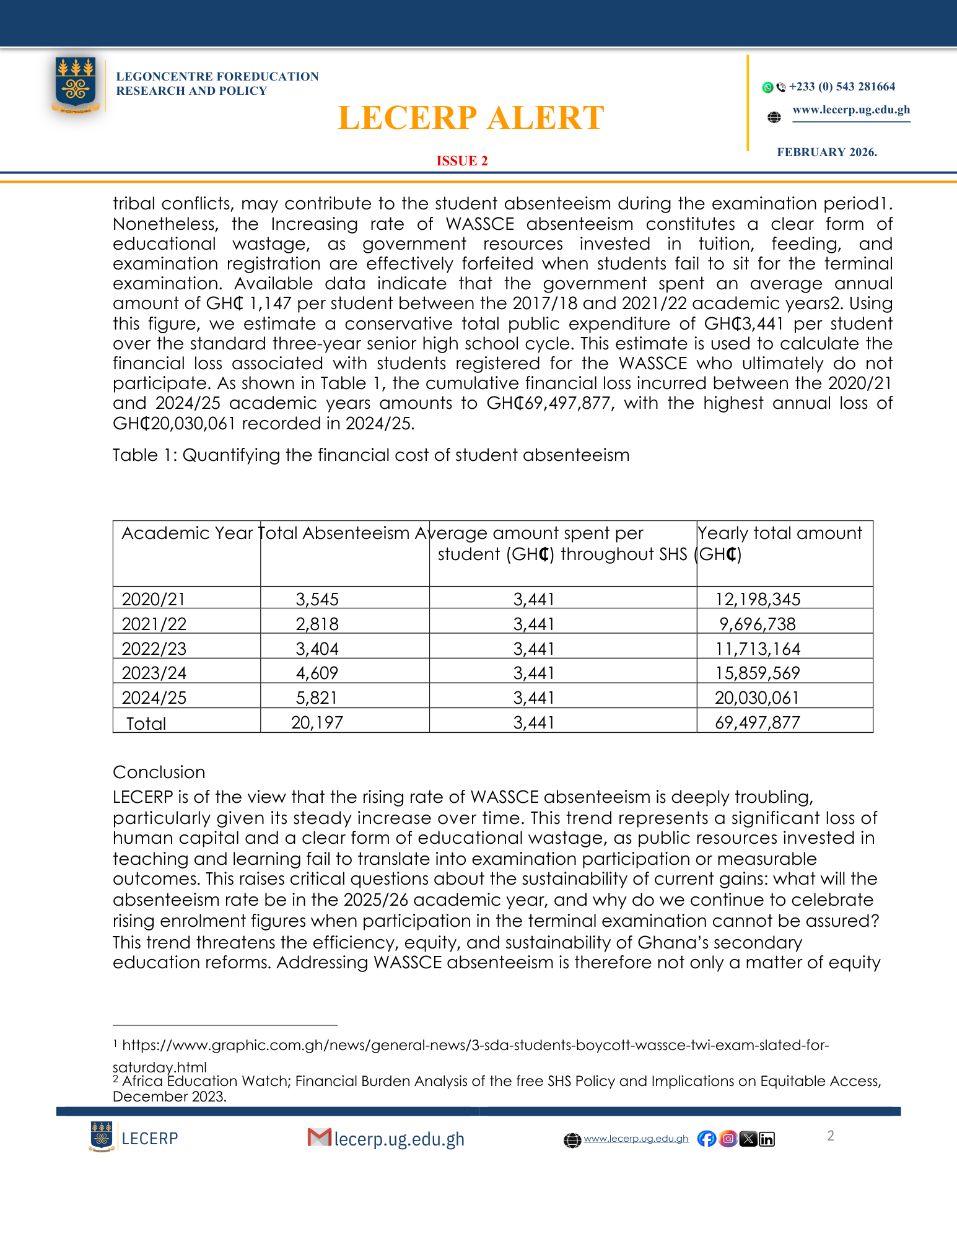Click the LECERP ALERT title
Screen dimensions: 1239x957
coord(471,118)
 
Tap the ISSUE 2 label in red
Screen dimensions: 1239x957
coord(462,161)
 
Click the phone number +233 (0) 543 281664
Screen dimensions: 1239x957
coord(842,87)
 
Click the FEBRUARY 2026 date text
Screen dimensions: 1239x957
coord(827,152)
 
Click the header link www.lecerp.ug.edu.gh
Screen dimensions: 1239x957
coord(851,110)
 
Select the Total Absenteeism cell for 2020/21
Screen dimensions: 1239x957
coord(317,599)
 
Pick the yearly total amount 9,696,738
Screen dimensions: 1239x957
coord(757,624)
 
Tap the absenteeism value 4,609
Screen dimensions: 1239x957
coord(317,673)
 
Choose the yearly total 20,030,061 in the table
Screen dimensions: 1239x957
coord(757,698)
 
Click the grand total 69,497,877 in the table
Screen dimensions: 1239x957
coord(757,722)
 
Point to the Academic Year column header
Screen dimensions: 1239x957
coord(187,533)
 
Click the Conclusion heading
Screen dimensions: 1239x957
coord(159,773)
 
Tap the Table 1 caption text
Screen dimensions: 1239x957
coord(370,455)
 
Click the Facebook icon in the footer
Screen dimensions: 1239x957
coord(706,1139)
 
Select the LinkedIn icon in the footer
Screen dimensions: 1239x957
coord(767,1139)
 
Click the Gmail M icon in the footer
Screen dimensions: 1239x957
coord(319,1137)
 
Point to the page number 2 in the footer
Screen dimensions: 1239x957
coord(831,1136)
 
